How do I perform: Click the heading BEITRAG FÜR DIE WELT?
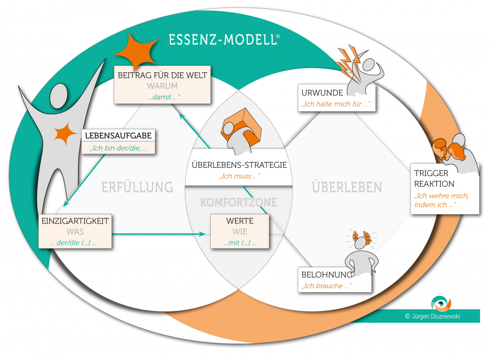(x=163, y=75)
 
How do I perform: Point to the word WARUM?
(x=163, y=86)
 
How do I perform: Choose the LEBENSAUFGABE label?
(x=118, y=136)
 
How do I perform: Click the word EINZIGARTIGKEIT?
(x=75, y=221)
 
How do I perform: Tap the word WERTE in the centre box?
(x=240, y=221)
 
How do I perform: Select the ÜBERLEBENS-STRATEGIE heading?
(x=239, y=165)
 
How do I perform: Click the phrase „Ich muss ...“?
(x=239, y=177)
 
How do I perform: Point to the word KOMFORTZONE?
(x=239, y=203)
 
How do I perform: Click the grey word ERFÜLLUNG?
(x=137, y=187)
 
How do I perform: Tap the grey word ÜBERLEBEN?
(x=347, y=187)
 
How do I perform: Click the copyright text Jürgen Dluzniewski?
(x=432, y=316)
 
